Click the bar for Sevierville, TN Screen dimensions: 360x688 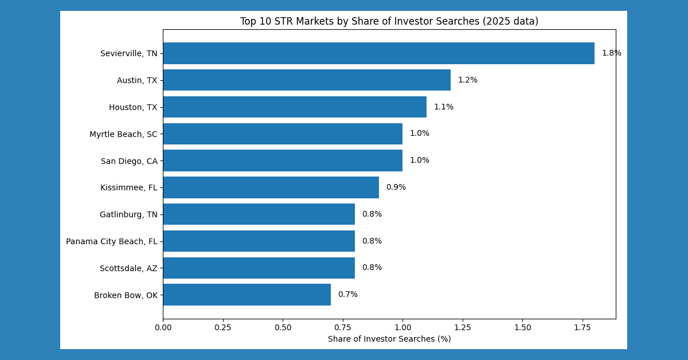point(378,53)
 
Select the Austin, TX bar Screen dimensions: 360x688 point(307,80)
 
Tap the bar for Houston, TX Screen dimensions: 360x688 point(295,107)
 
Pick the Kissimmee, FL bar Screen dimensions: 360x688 point(271,187)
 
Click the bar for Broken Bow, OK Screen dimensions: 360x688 point(247,295)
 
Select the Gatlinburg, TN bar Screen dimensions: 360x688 point(259,214)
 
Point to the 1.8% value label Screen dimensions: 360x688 point(611,53)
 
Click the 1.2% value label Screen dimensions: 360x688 point(467,80)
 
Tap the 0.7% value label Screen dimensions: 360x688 point(347,295)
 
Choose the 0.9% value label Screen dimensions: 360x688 point(396,187)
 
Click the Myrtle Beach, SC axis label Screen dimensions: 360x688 point(123,134)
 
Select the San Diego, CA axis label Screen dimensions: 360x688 point(129,161)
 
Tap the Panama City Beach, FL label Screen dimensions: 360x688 point(111,241)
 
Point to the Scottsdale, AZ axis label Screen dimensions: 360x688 point(128,268)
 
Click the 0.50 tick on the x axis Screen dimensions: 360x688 point(283,327)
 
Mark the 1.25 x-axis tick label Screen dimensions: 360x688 point(462,327)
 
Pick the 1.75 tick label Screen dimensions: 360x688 point(582,327)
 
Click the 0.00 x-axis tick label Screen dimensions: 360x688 point(163,327)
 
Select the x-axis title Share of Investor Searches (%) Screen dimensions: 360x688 point(389,339)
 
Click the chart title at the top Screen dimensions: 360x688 point(389,22)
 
